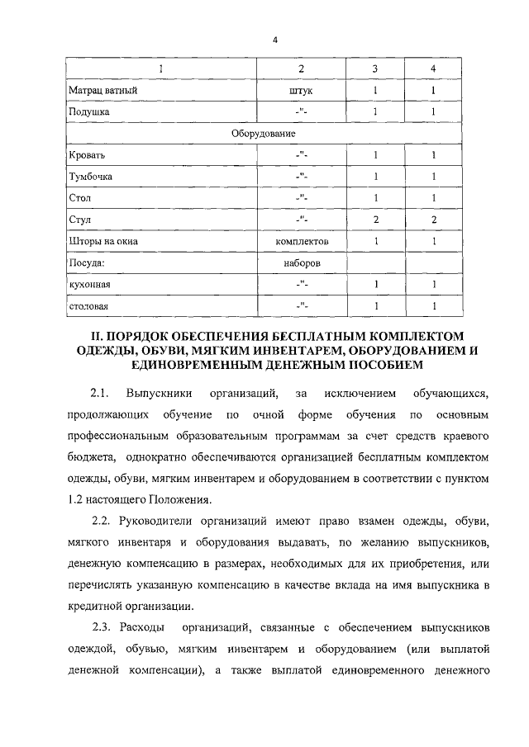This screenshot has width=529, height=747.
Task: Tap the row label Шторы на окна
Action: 103,241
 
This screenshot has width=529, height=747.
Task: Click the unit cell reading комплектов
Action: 302,241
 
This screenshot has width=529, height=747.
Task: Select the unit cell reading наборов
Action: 302,262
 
